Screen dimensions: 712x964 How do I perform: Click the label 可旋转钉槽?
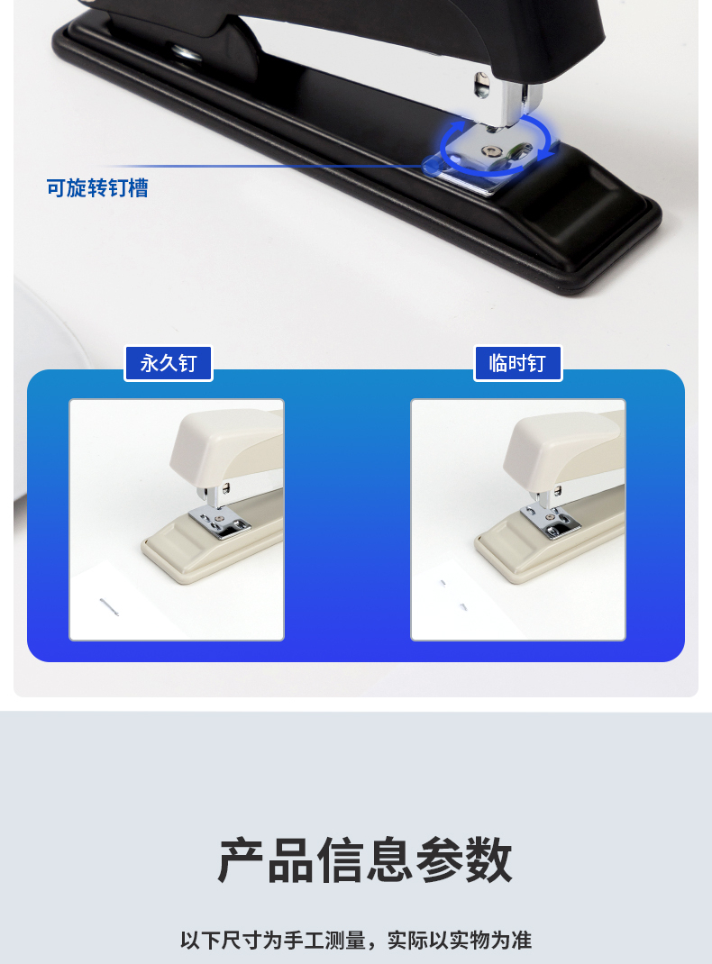pos(97,188)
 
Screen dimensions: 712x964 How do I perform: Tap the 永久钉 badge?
pos(169,363)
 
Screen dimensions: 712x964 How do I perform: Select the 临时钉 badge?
pos(517,363)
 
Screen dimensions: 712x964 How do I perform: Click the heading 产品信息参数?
pos(365,860)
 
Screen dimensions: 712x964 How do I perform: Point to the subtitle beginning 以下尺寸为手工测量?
pos(356,940)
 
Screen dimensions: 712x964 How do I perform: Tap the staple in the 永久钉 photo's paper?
pos(109,606)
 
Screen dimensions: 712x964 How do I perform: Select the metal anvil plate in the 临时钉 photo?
pos(550,522)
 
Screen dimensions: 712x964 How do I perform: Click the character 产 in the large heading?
pos(241,860)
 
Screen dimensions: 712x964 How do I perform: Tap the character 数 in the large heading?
pos(488,860)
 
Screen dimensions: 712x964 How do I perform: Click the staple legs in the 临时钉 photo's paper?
pos(453,595)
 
